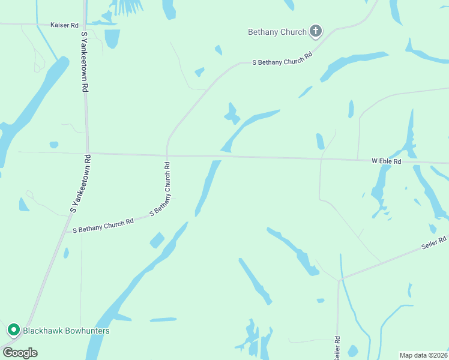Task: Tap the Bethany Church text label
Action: pos(277,32)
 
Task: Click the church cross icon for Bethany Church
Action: pos(316,31)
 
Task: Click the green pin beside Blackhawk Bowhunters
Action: pos(13,330)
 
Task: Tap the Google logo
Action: pos(20,352)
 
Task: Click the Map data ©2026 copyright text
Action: pos(423,355)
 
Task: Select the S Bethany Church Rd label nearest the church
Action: pos(282,58)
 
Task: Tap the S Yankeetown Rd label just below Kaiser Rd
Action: pos(85,62)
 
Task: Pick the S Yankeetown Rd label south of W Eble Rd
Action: pos(80,184)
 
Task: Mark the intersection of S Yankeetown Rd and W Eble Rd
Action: pos(87,153)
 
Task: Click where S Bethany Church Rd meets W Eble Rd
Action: pos(167,155)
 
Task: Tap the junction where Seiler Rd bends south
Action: pos(340,279)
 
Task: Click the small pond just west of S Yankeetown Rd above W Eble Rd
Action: pos(54,145)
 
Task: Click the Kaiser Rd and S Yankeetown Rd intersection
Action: pos(83,25)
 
